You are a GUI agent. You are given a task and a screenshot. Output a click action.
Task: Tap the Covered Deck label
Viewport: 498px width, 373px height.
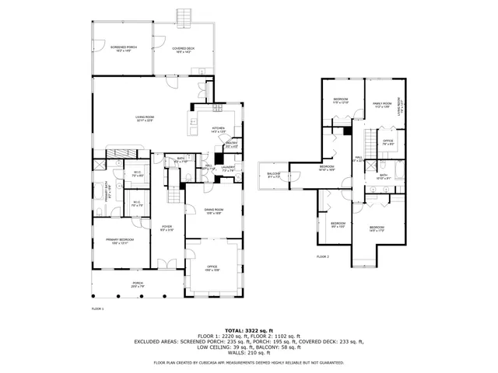pyautogui.click(x=184, y=49)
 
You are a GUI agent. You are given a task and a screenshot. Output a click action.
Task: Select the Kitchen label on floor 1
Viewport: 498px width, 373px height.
pyautogui.click(x=217, y=129)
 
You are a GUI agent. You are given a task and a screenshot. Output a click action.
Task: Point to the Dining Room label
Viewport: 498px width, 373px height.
pyautogui.click(x=214, y=211)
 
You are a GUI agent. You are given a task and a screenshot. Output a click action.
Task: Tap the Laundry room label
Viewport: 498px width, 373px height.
pyautogui.click(x=227, y=168)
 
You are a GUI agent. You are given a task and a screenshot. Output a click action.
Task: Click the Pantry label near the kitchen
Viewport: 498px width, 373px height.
pyautogui.click(x=231, y=144)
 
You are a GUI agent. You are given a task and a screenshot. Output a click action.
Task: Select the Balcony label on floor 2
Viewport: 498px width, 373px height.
pyautogui.click(x=274, y=175)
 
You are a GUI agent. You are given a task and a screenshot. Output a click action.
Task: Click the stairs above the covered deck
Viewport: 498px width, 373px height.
pyautogui.click(x=184, y=16)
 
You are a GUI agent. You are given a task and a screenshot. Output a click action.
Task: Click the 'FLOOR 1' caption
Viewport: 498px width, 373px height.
pyautogui.click(x=97, y=309)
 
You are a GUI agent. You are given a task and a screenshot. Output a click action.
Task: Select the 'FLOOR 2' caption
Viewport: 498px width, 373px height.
pyautogui.click(x=322, y=256)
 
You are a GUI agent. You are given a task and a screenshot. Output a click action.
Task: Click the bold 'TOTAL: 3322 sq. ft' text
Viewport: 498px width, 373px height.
pyautogui.click(x=248, y=331)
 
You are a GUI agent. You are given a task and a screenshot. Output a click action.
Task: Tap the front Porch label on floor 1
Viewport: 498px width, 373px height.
pyautogui.click(x=137, y=284)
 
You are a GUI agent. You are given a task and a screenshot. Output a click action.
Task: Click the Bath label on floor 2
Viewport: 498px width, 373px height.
pyautogui.click(x=383, y=177)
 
